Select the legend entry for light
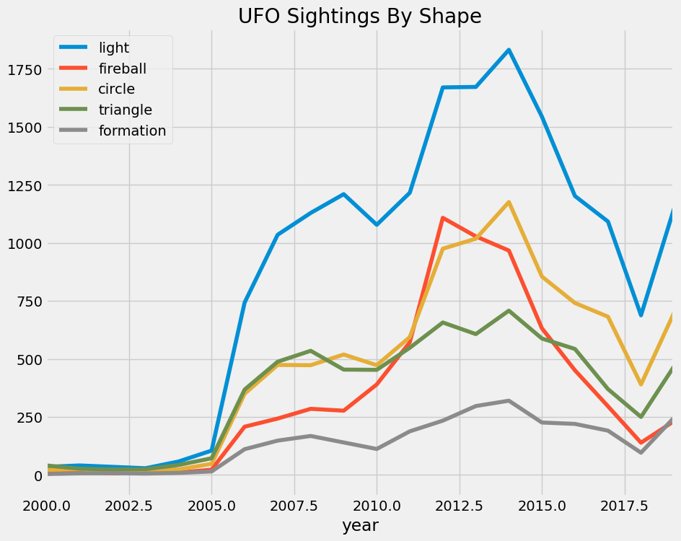click(114, 48)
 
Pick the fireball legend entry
click(122, 69)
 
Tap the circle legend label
click(116, 89)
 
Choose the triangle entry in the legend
click(125, 110)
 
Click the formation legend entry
click(132, 131)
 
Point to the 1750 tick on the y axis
click(25, 69)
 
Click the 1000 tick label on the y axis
click(25, 243)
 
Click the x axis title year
click(360, 526)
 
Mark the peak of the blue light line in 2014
click(509, 50)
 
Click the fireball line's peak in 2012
click(442, 218)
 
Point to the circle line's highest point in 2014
click(509, 202)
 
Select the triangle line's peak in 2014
click(509, 311)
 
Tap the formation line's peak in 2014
click(509, 400)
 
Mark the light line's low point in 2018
click(640, 315)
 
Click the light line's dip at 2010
click(376, 224)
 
